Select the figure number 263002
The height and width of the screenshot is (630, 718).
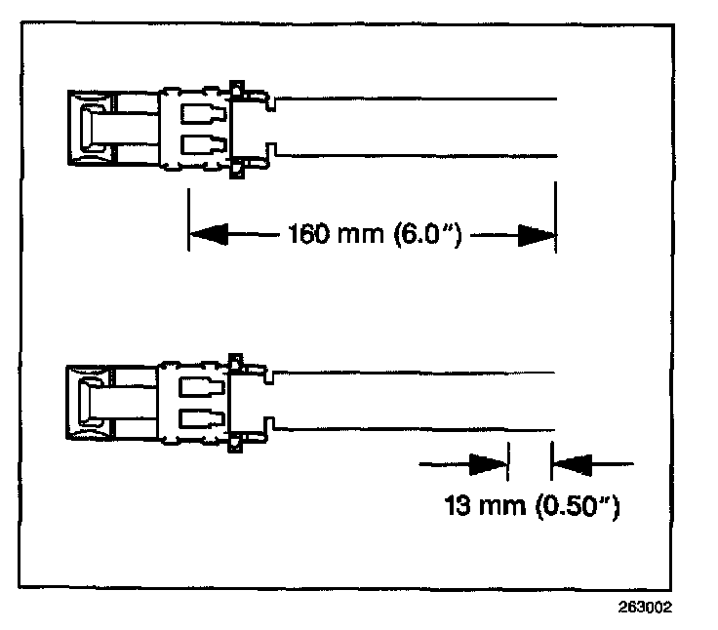tap(645, 605)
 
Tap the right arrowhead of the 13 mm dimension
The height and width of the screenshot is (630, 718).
tap(570, 463)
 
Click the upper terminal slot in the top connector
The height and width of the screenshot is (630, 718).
tap(204, 109)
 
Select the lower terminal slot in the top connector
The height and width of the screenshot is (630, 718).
tap(204, 146)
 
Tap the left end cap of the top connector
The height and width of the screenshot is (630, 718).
tap(90, 127)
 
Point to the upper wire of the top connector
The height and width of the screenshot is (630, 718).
tap(419, 98)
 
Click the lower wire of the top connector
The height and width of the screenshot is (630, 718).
tap(419, 155)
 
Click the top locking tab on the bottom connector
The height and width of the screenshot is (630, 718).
tap(234, 360)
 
